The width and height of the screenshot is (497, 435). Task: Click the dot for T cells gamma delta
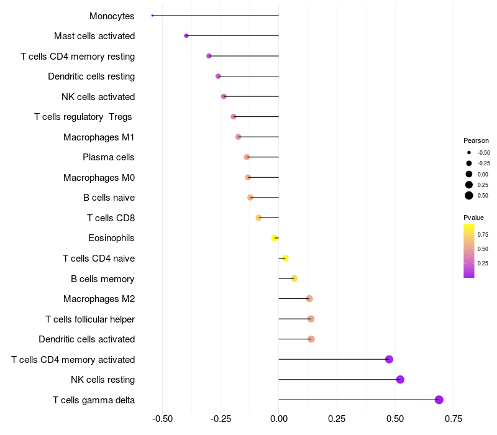(x=439, y=400)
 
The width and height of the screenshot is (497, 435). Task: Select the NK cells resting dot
(x=400, y=380)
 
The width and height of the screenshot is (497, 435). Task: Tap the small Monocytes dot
(x=152, y=16)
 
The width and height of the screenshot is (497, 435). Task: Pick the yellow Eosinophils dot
(x=275, y=238)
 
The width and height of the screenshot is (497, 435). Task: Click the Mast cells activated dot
(x=186, y=36)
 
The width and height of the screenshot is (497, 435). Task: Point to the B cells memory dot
(x=294, y=278)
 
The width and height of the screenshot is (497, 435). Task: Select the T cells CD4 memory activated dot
(x=389, y=359)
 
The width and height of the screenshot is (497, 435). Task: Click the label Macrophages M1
(x=99, y=137)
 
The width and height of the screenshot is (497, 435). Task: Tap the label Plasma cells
(x=109, y=157)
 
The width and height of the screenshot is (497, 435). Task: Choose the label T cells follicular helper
(x=90, y=319)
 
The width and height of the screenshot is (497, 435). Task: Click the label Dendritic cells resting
(x=91, y=76)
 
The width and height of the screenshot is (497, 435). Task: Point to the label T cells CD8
(x=111, y=217)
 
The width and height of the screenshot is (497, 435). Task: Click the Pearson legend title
(x=476, y=140)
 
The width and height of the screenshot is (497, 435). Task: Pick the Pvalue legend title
(x=473, y=217)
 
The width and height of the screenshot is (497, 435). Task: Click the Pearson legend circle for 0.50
(x=469, y=196)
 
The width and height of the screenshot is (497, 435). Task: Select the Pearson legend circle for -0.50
(x=469, y=152)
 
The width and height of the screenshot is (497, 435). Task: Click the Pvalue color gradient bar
(x=469, y=250)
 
